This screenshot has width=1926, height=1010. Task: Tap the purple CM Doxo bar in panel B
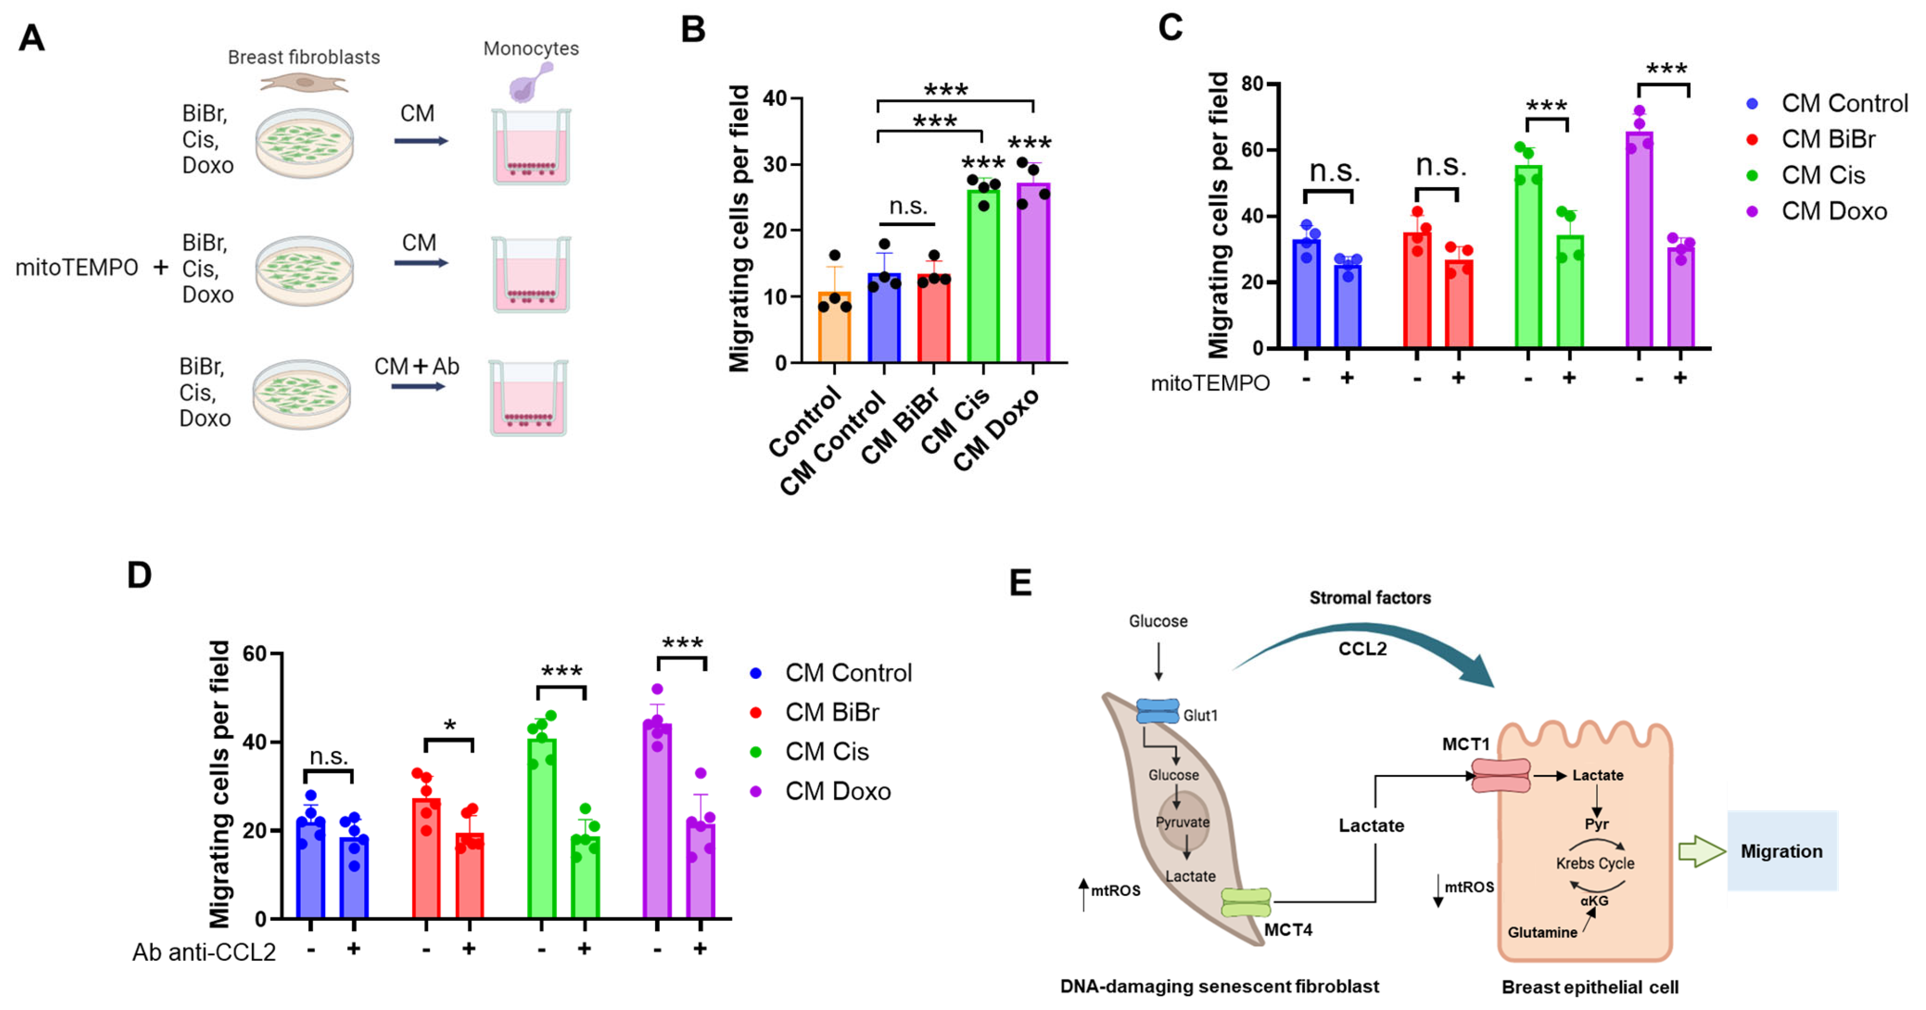click(x=1032, y=273)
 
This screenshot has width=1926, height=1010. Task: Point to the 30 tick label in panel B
click(x=775, y=164)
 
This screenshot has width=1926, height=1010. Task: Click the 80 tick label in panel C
click(x=1252, y=83)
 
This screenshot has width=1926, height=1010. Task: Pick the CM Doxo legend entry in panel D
click(x=837, y=791)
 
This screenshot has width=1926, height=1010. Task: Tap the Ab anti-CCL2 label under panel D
click(x=204, y=952)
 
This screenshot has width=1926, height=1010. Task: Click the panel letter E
click(x=1021, y=583)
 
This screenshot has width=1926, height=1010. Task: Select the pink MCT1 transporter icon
click(x=1500, y=776)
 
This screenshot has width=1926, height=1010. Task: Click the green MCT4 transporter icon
click(x=1246, y=902)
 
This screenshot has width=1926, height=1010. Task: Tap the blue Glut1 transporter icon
click(x=1158, y=711)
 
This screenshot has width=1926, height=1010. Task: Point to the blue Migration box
click(x=1782, y=851)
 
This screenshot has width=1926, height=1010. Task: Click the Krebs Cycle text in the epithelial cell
click(x=1595, y=863)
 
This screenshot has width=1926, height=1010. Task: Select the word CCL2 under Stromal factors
click(x=1362, y=649)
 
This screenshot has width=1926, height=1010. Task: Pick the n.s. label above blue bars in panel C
click(x=1334, y=172)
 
